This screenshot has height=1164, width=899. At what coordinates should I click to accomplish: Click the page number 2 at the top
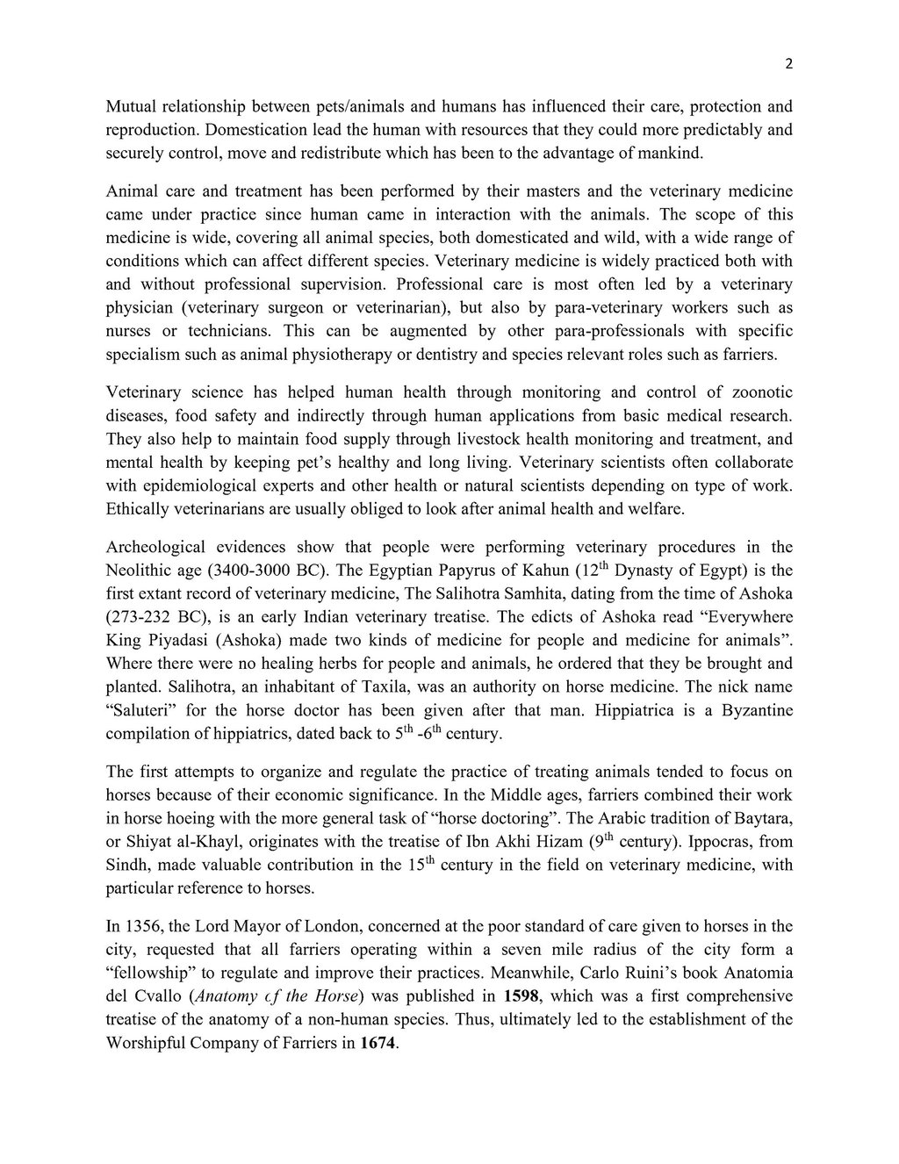click(x=788, y=63)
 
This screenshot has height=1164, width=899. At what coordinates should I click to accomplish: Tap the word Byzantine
click(x=751, y=709)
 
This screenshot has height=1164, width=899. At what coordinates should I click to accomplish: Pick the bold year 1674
click(x=378, y=1043)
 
